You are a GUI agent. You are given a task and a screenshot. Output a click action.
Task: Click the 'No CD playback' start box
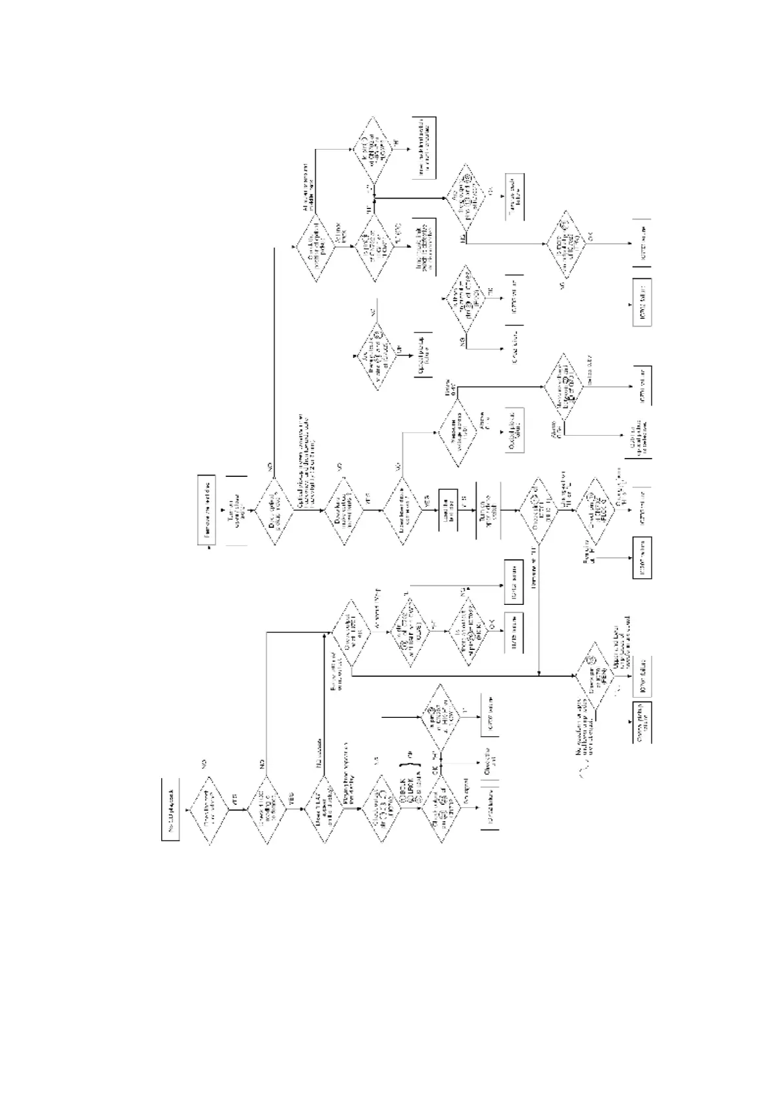[x=170, y=809]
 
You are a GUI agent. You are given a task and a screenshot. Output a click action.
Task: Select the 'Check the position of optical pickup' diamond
[x=317, y=249]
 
